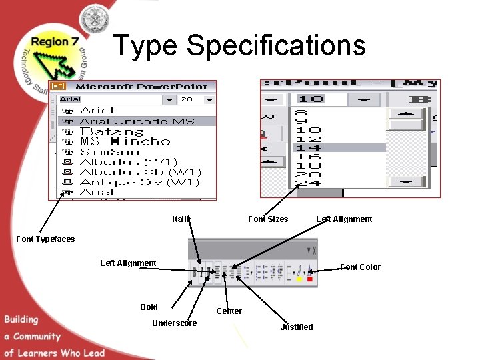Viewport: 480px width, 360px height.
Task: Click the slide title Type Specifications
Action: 239,45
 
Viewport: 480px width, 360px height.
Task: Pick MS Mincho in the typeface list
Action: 125,141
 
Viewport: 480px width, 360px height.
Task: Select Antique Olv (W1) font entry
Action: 139,182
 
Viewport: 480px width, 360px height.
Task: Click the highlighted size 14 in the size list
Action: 307,148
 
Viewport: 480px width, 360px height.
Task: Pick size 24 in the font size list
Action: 307,183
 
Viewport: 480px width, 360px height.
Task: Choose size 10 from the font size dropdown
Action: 307,131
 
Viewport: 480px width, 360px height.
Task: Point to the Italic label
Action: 181,219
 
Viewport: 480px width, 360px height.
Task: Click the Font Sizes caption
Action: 268,219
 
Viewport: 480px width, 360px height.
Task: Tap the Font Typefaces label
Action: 45,239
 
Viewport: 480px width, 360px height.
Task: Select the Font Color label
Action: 360,267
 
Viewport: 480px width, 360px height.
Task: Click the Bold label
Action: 149,307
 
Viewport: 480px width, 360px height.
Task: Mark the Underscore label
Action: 175,323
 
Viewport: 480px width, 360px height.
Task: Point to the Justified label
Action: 296,327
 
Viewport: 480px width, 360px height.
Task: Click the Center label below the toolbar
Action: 229,311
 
